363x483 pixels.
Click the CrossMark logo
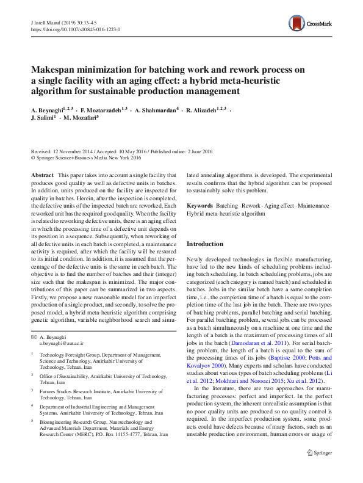(311, 24)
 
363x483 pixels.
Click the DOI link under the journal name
(75, 29)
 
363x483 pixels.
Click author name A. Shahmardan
(156, 110)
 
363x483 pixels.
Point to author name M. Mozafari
(79, 119)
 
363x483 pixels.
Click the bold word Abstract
(41, 175)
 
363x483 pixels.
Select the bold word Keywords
(199, 206)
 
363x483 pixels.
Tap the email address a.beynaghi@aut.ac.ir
(62, 344)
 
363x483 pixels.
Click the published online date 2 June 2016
(201, 150)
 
